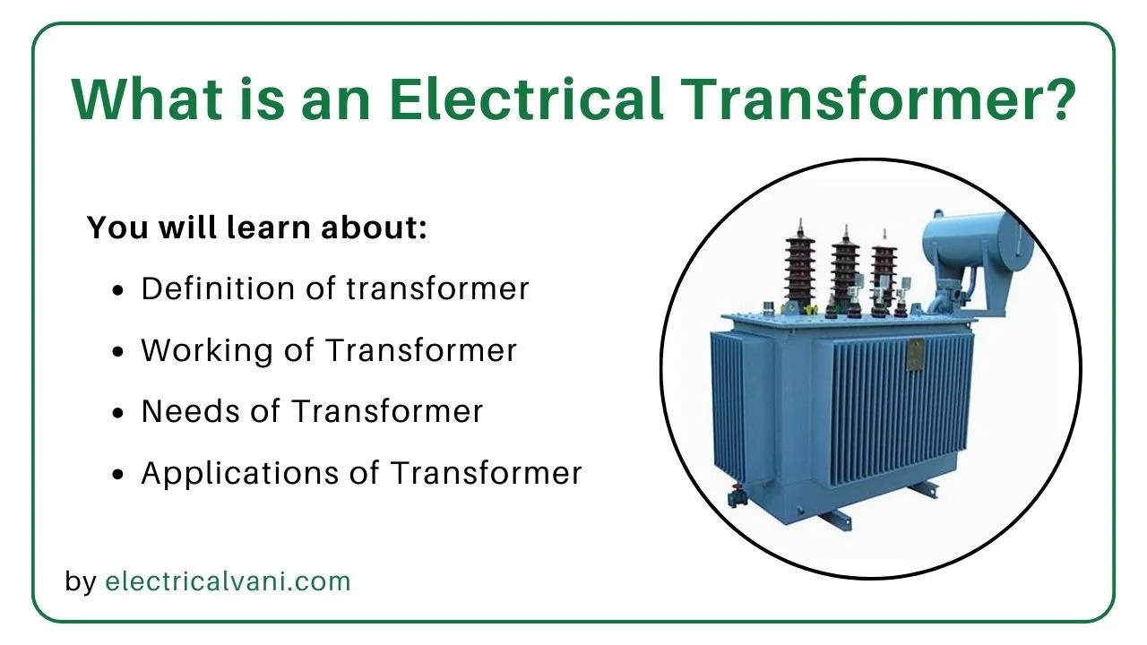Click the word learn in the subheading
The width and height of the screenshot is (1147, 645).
(x=268, y=227)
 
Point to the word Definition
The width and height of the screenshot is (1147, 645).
(x=218, y=288)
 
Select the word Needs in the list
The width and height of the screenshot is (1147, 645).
(x=190, y=411)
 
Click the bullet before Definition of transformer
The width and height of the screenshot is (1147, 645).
(x=117, y=290)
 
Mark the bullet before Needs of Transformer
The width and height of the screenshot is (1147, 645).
(x=117, y=413)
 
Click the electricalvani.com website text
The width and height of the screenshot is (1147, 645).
(x=228, y=581)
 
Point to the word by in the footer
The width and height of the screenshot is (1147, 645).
(x=81, y=582)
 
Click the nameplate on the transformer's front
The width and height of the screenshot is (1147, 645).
(x=916, y=355)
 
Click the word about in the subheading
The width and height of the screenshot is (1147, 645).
(x=374, y=227)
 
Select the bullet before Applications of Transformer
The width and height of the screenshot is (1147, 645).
(x=117, y=475)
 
